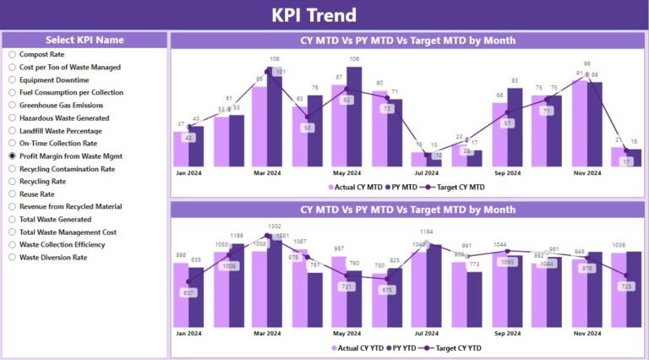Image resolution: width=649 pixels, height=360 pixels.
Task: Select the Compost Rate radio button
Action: (x=13, y=54)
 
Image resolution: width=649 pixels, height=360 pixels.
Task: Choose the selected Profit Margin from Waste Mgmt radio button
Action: (x=13, y=156)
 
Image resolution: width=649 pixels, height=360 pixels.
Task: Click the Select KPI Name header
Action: (x=85, y=40)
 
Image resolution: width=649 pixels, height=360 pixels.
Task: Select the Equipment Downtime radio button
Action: (x=13, y=80)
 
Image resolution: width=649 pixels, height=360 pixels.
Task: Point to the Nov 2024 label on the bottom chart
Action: (x=586, y=333)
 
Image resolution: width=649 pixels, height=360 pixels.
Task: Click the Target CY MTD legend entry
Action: (x=455, y=187)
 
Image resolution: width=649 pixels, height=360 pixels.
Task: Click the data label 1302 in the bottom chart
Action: (x=275, y=226)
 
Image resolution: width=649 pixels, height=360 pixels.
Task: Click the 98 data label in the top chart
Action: (x=586, y=63)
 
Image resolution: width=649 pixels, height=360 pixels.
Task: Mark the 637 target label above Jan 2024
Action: (x=189, y=293)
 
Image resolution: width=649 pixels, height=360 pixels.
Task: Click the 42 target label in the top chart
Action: (x=189, y=138)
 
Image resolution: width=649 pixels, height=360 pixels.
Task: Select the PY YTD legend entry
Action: (x=406, y=347)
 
